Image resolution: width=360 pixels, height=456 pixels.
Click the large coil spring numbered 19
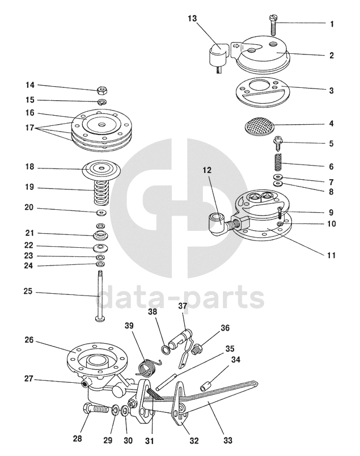click(x=100, y=192)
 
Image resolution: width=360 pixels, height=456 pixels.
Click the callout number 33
click(x=228, y=441)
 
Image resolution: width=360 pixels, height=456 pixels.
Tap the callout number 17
click(x=29, y=128)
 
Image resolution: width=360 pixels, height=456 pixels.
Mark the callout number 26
click(x=29, y=340)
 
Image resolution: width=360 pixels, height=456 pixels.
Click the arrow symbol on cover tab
click(x=237, y=46)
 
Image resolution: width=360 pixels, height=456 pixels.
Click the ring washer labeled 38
click(x=166, y=350)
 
